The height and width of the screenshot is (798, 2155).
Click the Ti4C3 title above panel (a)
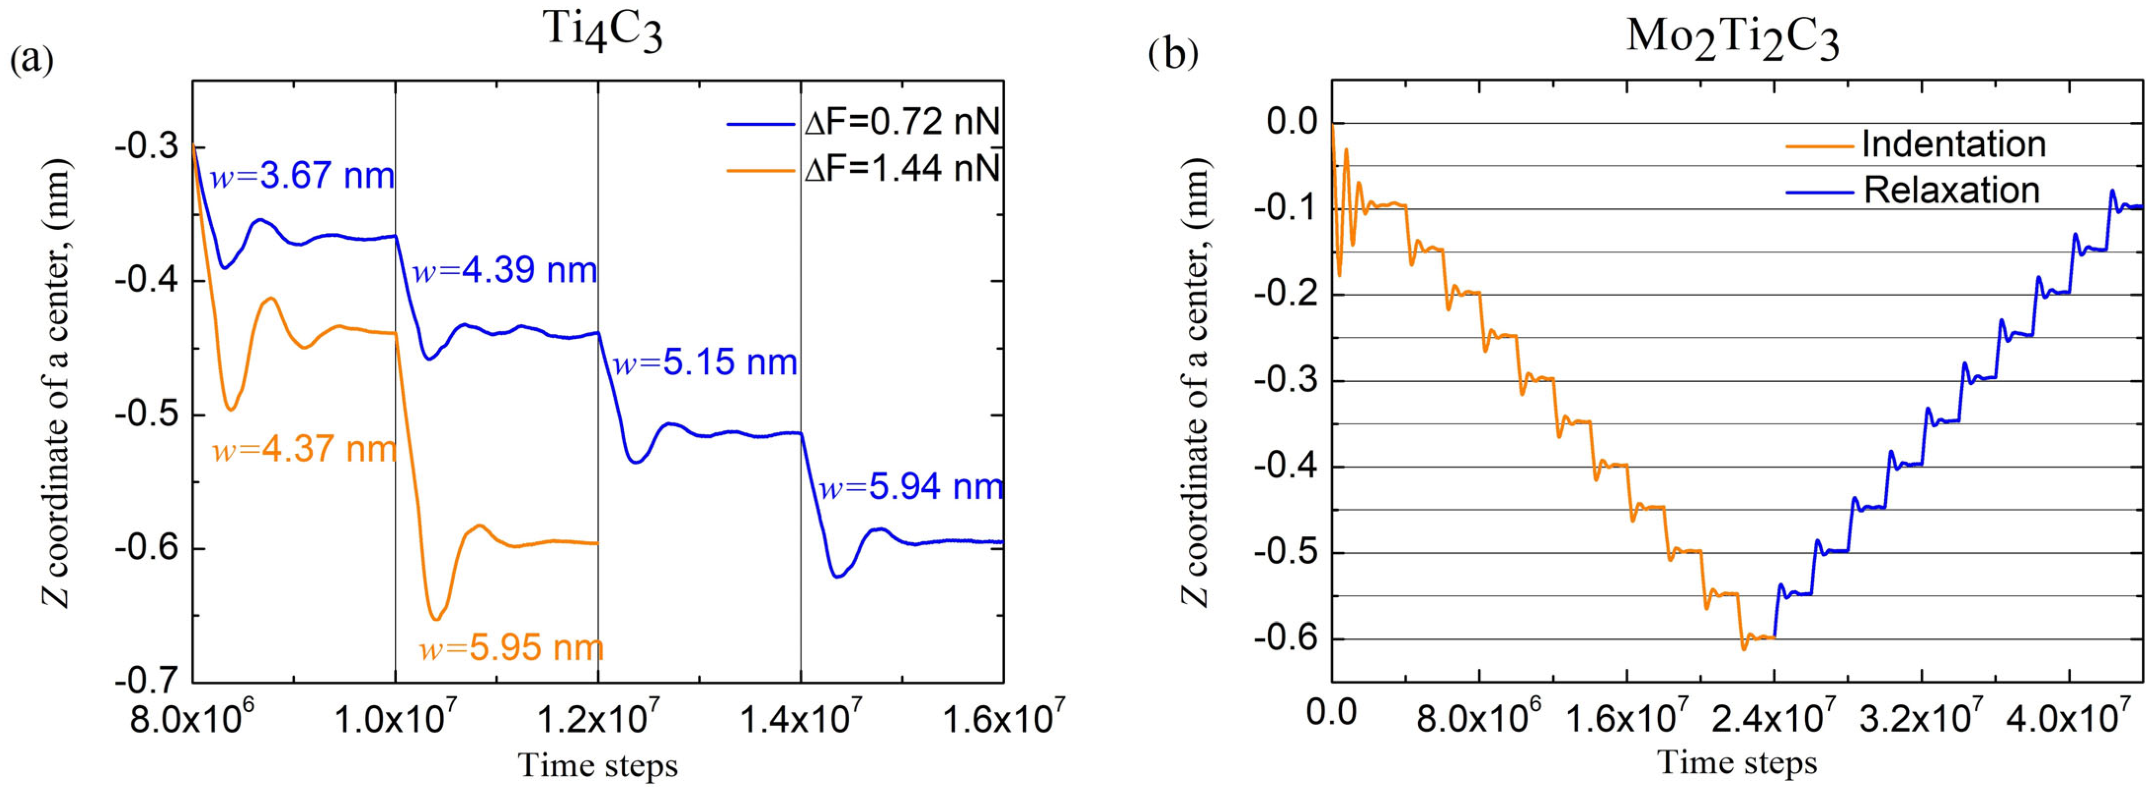[603, 32]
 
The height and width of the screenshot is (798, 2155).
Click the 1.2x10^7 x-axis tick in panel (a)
[597, 720]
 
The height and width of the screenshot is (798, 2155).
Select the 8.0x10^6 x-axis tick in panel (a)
[191, 720]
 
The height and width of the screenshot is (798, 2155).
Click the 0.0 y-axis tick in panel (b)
[1292, 122]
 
